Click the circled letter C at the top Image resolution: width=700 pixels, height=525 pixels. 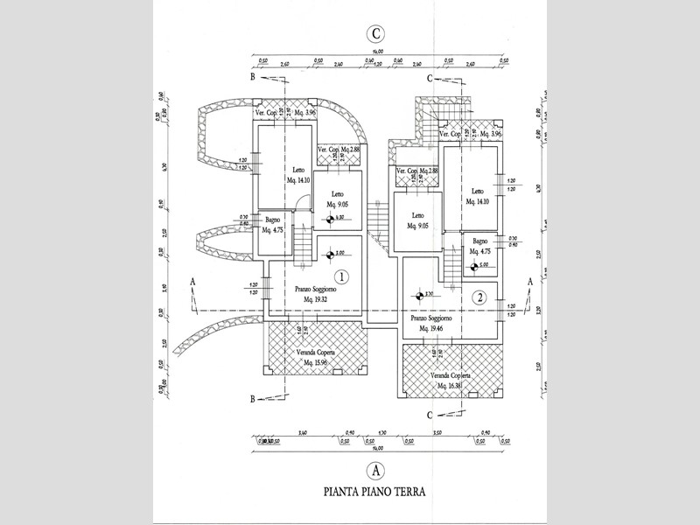coord(375,34)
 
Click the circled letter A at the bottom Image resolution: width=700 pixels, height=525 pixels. coord(375,468)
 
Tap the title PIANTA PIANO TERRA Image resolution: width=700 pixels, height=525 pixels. coord(374,492)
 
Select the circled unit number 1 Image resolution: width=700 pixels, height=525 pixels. coord(343,277)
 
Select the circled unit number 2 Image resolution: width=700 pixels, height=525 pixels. coord(479,297)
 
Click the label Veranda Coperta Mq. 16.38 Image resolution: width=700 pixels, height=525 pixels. coord(450,381)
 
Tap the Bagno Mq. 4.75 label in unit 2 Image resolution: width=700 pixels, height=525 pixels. coord(479,247)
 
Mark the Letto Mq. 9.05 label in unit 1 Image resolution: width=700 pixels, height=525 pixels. coord(338,199)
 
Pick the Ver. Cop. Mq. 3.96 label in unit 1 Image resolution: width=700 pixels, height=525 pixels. coord(284,114)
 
